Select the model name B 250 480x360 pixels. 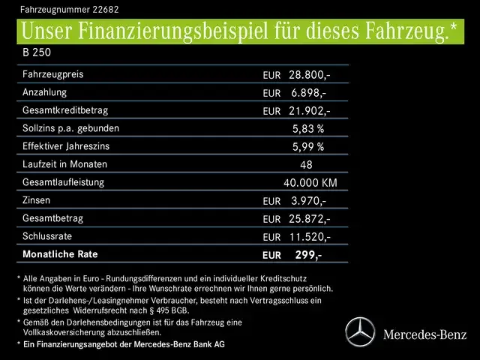click(36, 54)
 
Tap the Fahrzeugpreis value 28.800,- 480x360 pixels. click(307, 75)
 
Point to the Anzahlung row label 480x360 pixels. click(45, 92)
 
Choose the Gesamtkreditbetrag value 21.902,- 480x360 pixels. click(307, 110)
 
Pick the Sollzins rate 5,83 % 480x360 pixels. click(307, 128)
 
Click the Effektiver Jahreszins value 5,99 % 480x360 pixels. click(307, 146)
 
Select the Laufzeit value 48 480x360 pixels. click(306, 164)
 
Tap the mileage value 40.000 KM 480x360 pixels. click(310, 182)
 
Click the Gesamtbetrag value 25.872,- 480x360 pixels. click(307, 218)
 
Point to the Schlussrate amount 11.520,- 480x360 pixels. click(307, 236)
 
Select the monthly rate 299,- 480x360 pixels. click(308, 255)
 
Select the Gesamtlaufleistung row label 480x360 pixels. click(64, 182)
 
